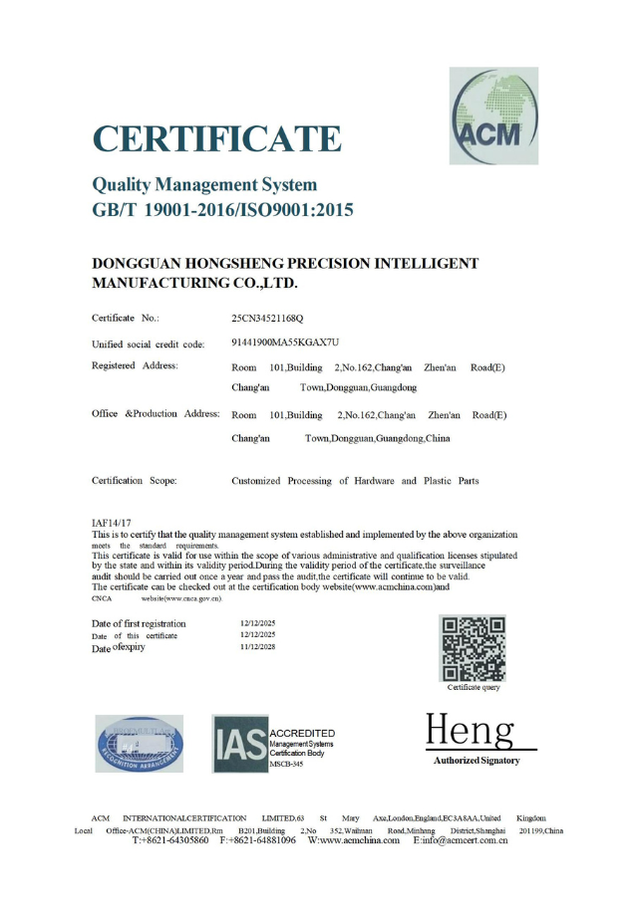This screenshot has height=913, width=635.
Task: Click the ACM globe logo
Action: (492, 115)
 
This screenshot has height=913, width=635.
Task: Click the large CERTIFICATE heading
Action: (216, 139)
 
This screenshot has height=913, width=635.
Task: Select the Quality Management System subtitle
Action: (204, 184)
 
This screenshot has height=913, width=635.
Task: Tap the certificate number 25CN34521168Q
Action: (267, 318)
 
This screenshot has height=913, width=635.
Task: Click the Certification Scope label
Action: (134, 481)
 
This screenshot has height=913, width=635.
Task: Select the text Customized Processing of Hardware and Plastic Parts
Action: (355, 481)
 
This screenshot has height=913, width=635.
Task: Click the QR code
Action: (474, 647)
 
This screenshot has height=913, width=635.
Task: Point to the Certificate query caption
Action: (474, 688)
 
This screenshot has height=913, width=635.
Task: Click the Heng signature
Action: (470, 732)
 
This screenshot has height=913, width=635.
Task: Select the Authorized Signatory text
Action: (476, 761)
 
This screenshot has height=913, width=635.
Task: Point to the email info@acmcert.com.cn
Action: (461, 840)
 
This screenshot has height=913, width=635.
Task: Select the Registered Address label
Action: (135, 365)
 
